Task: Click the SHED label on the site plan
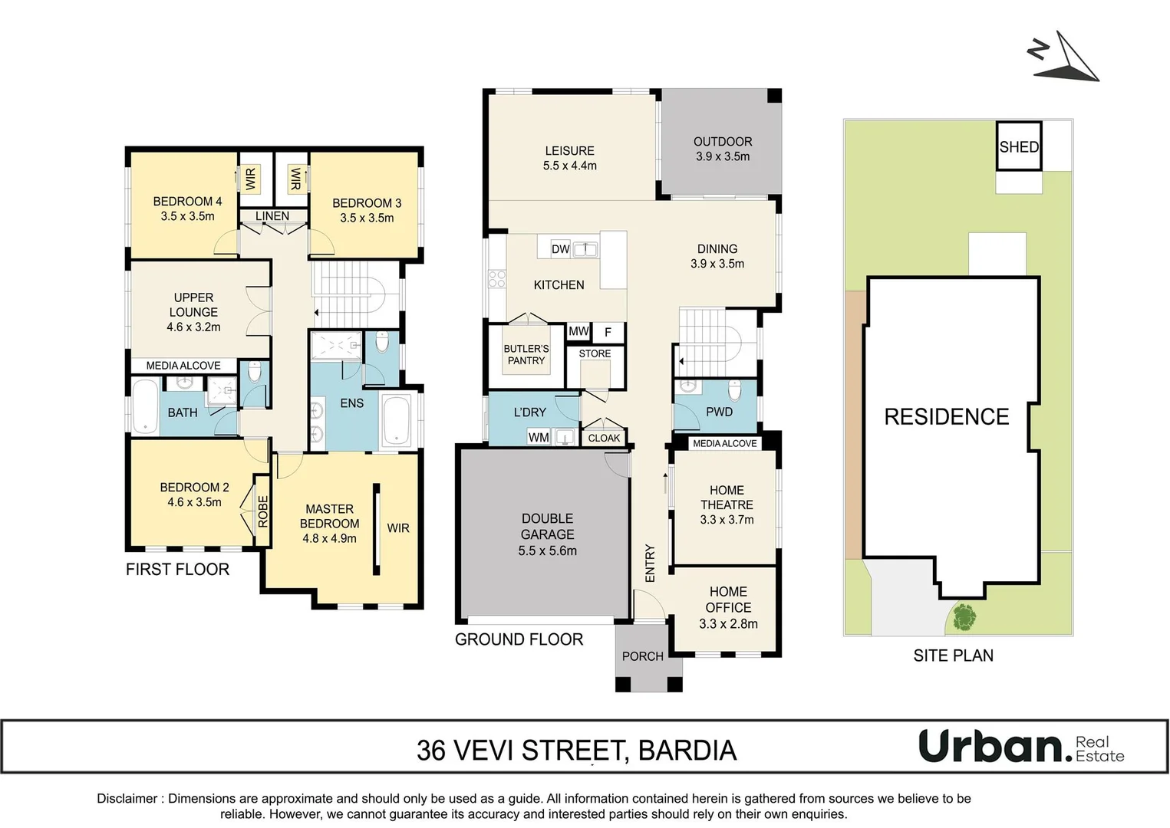[1019, 146]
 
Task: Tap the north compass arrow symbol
[1066, 58]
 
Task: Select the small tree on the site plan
[964, 616]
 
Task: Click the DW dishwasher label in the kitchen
[561, 249]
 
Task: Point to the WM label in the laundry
[539, 437]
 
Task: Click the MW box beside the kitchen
[578, 332]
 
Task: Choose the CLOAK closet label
[604, 438]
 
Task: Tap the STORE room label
[595, 353]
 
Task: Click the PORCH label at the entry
[642, 656]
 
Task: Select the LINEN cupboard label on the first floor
[272, 216]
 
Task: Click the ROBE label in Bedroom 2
[262, 511]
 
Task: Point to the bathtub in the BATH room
[145, 406]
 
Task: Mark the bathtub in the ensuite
[397, 420]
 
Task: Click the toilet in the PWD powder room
[734, 392]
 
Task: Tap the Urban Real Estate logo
[1021, 746]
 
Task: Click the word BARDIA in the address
[687, 751]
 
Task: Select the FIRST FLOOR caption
[177, 569]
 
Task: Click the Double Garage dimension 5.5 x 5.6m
[547, 550]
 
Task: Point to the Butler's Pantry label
[526, 354]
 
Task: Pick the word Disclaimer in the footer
[127, 798]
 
